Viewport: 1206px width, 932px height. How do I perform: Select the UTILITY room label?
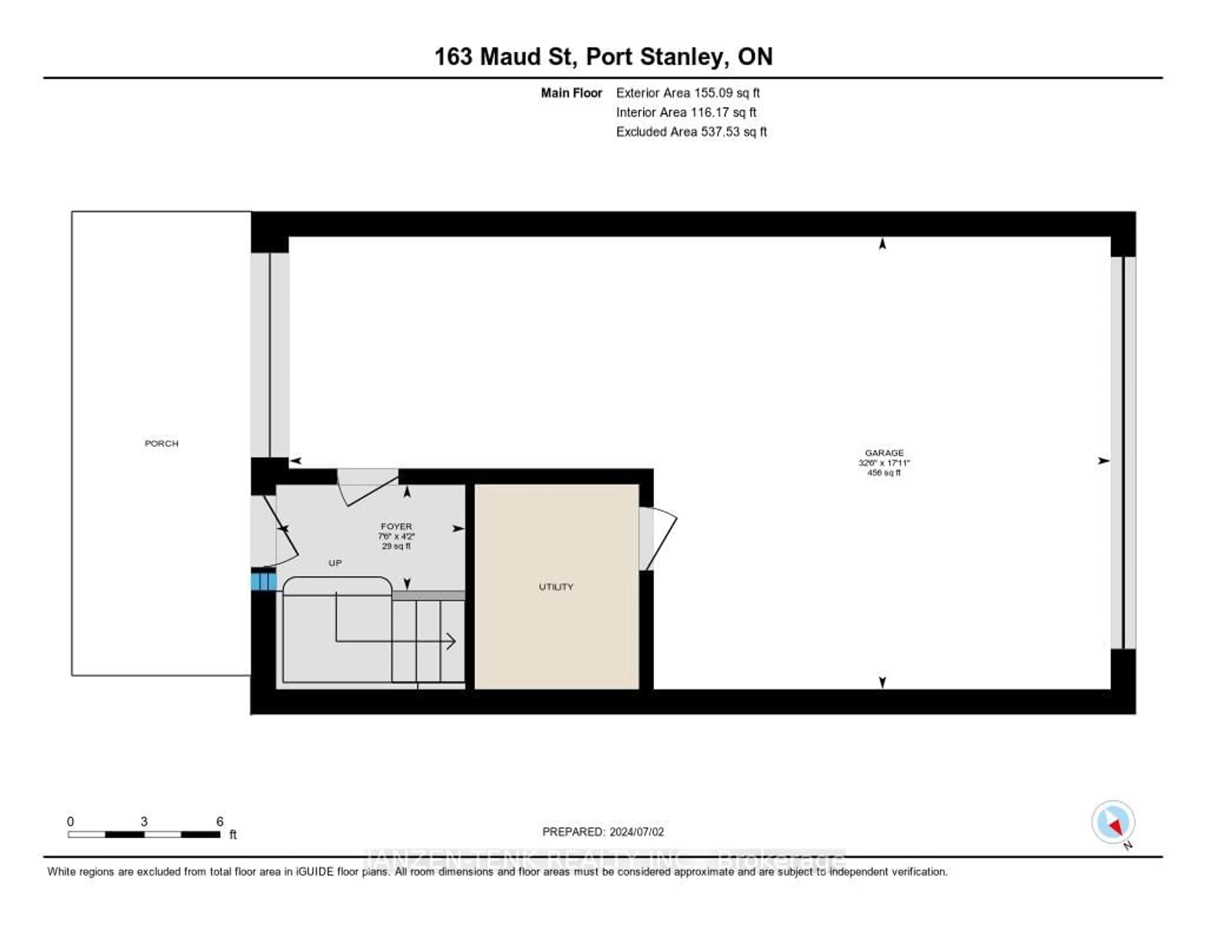click(x=556, y=587)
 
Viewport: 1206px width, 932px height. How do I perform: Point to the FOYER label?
click(x=396, y=527)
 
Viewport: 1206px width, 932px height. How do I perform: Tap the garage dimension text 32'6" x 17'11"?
click(x=884, y=463)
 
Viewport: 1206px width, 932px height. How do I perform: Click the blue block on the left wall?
click(x=263, y=582)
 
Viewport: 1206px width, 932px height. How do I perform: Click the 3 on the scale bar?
click(x=144, y=821)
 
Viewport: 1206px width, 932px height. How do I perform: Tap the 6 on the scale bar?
click(x=220, y=821)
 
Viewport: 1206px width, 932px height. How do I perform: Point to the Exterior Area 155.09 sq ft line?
click(x=688, y=93)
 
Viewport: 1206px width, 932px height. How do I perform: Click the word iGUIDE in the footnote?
click(x=315, y=872)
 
